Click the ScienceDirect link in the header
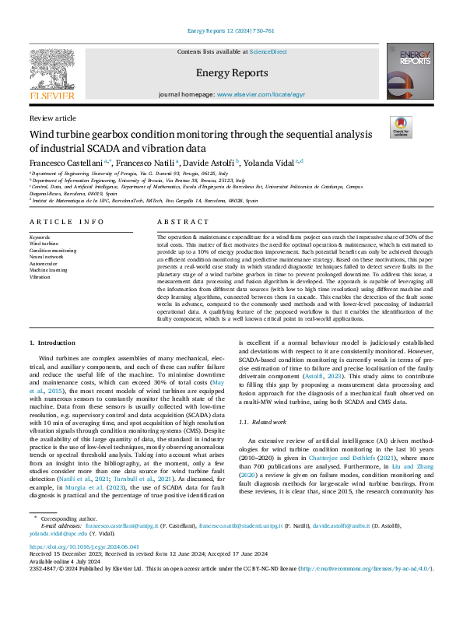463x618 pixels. point(267,51)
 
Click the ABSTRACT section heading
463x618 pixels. point(178,222)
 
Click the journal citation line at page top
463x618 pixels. point(231,31)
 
